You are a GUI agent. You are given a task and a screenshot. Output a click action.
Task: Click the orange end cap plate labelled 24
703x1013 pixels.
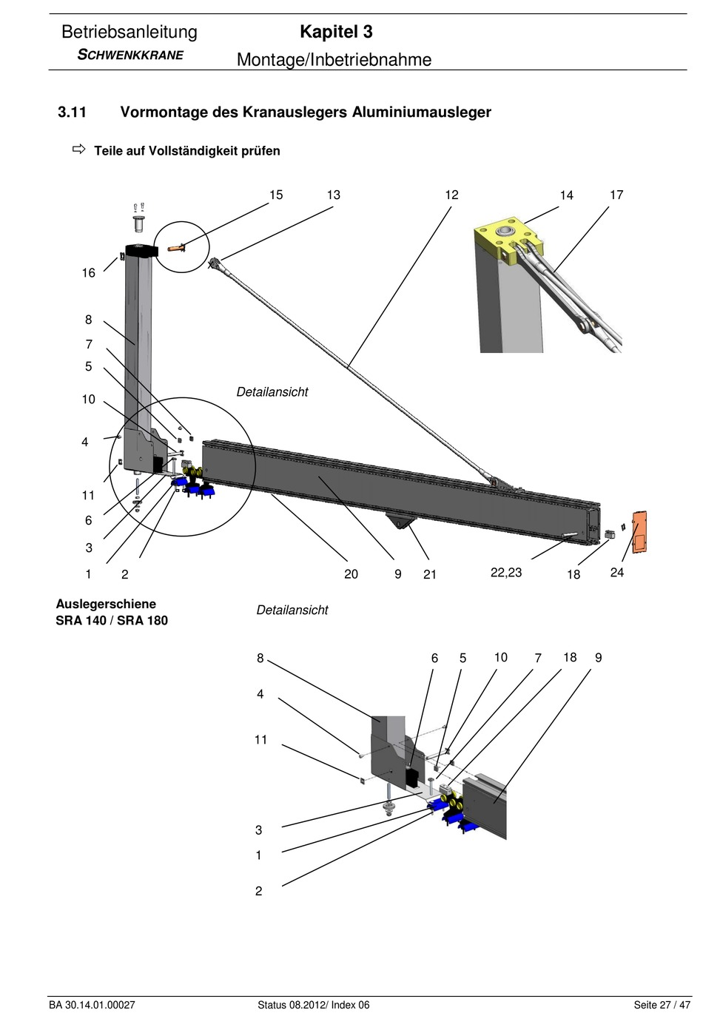coord(639,532)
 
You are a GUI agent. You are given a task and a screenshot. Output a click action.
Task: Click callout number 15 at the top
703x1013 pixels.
coord(276,195)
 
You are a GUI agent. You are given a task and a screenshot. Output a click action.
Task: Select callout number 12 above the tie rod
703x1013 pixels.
coord(451,195)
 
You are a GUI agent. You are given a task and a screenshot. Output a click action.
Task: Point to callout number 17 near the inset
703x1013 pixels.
coord(616,195)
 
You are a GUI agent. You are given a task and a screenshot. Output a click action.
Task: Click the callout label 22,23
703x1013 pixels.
coord(506,573)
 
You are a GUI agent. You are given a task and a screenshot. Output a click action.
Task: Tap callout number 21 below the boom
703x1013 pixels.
coord(430,574)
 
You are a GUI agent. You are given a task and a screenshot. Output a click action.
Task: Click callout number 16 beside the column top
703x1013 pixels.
coord(89,273)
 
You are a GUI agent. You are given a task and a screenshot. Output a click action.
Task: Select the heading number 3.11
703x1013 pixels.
coord(72,112)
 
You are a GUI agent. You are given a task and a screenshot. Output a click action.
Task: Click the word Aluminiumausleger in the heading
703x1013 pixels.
coord(422,112)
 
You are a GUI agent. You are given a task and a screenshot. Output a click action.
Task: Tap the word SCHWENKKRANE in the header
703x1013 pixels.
coord(131,55)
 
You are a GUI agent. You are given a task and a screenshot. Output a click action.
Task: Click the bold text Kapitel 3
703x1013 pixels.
coord(336,32)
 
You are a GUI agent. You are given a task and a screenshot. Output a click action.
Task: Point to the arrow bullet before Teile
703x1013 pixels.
coord(78,149)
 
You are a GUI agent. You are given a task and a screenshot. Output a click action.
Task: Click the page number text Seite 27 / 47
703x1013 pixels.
coord(662,1005)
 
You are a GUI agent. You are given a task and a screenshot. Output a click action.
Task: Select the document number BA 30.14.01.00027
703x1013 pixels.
coord(92,1005)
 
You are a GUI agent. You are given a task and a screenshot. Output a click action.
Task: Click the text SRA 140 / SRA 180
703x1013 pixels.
coord(112,621)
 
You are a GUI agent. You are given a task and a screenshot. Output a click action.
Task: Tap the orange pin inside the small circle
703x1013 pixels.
coord(176,248)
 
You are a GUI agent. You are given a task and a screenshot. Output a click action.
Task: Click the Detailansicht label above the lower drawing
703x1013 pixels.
coord(292,610)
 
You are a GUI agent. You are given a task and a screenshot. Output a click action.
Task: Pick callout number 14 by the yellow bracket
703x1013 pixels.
coord(566,195)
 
